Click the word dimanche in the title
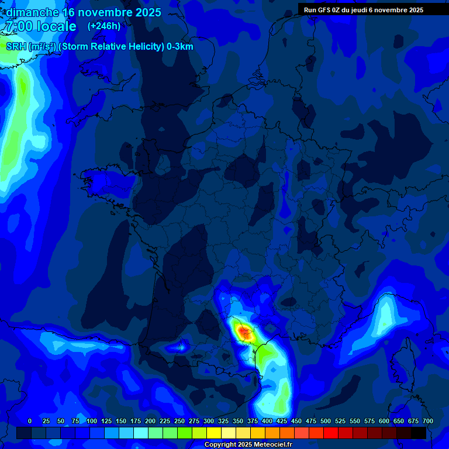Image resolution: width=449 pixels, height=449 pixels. click(32, 12)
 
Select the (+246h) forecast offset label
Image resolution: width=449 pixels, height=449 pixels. click(104, 26)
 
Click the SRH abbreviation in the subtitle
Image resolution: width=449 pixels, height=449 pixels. click(16, 47)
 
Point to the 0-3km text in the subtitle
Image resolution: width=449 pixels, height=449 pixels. click(179, 47)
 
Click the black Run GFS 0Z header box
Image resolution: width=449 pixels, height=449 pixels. click(363, 9)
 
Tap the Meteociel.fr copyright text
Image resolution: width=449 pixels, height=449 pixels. click(248, 445)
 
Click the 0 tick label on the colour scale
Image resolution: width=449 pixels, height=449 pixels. click(30, 421)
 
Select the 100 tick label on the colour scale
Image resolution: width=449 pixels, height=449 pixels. click(92, 421)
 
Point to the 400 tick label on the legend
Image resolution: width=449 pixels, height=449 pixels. click(267, 421)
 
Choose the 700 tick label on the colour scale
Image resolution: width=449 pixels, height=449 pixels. click(427, 421)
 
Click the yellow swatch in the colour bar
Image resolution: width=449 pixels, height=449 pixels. click(215, 433)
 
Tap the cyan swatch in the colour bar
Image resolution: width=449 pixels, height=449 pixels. click(141, 433)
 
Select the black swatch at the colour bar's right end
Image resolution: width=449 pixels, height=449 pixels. click(419, 433)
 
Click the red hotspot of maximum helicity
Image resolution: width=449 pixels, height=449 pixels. click(243, 331)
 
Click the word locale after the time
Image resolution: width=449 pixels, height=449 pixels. click(55, 26)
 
